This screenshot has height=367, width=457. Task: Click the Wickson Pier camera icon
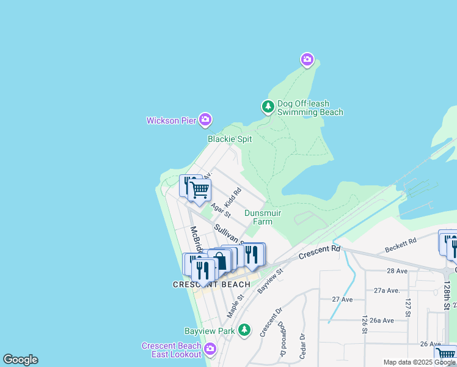click(x=206, y=120)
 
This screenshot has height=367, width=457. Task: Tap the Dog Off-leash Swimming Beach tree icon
click(x=268, y=108)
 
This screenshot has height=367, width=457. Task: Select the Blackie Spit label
click(x=230, y=139)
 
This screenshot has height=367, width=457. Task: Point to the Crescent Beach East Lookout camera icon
click(x=210, y=349)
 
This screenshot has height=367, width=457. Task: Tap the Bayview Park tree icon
click(x=244, y=330)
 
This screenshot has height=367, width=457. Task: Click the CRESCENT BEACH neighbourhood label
click(x=211, y=284)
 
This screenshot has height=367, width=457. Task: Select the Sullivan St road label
click(x=228, y=235)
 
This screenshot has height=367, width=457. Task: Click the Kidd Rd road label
click(x=233, y=197)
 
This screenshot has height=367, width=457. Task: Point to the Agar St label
click(x=221, y=211)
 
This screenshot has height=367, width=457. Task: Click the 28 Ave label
click(x=397, y=270)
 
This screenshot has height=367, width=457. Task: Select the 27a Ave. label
click(x=386, y=290)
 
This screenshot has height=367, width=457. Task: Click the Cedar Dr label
click(x=302, y=346)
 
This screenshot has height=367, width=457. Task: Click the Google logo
click(x=20, y=360)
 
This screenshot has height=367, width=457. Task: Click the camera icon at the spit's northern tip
click(x=307, y=59)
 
